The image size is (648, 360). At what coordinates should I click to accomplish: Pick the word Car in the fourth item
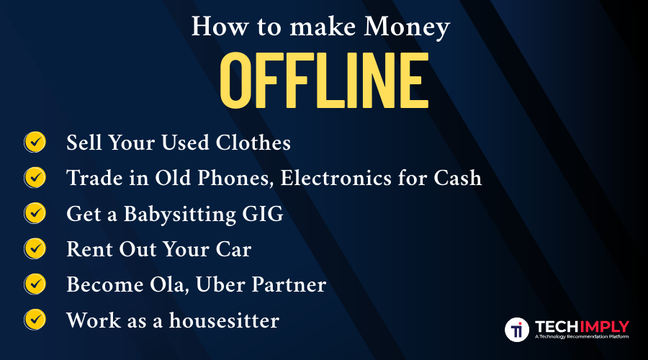(233, 249)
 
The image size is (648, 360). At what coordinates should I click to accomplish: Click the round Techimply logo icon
(516, 329)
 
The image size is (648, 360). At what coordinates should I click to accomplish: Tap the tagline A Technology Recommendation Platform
(582, 337)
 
